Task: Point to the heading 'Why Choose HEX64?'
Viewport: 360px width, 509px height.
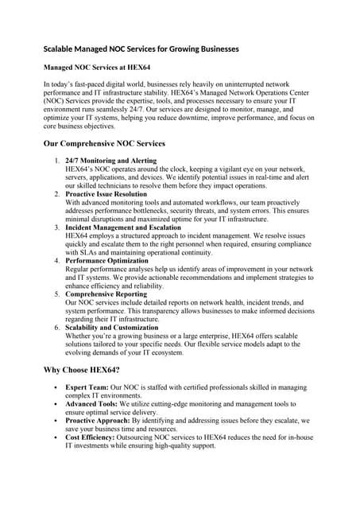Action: (x=81, y=371)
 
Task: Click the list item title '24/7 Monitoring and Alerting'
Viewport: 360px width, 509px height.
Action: (x=111, y=161)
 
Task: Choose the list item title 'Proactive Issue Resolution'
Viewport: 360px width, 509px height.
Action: (x=106, y=194)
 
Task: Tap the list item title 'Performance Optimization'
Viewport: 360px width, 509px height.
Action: (x=107, y=261)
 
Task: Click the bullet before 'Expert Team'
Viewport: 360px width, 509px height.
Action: (x=53, y=387)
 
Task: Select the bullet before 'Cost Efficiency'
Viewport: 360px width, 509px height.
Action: (x=53, y=437)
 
